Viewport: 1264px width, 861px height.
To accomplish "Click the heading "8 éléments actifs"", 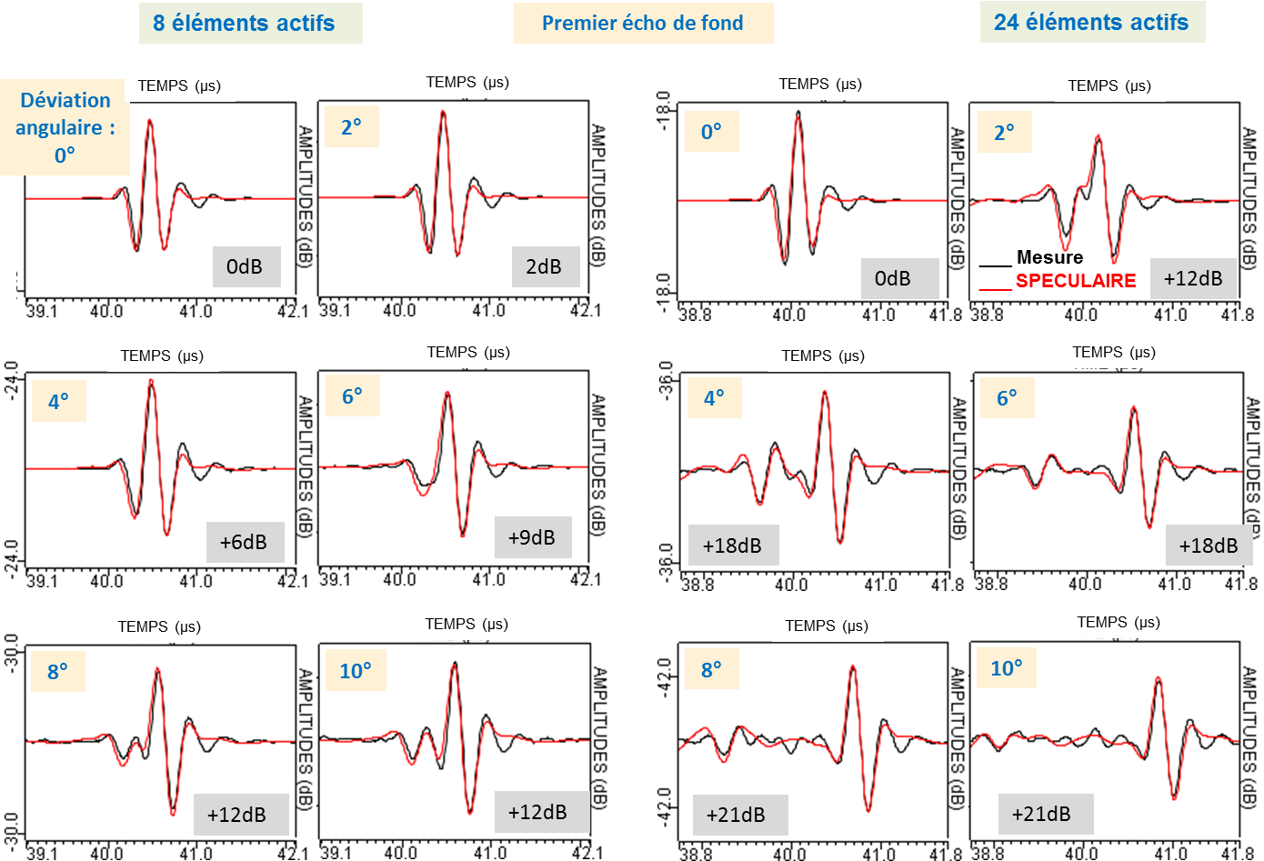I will coord(244,24).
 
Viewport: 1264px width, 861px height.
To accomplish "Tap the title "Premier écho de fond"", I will coord(642,24).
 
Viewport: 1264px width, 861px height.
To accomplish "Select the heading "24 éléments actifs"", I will coord(1091,23).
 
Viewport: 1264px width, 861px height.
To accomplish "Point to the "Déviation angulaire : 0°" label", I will coord(65,127).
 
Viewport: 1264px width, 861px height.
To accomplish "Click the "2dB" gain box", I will coord(544,266).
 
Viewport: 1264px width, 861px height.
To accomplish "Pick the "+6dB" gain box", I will coord(244,542).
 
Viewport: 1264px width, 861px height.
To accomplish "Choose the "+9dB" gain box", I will coord(532,537).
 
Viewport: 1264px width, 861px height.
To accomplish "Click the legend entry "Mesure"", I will coord(1049,257).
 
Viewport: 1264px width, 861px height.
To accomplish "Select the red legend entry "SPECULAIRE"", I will coord(1075,281).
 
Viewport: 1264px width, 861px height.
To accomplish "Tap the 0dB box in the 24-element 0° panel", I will coord(893,278).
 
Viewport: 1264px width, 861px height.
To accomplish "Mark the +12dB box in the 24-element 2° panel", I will coord(1193,278).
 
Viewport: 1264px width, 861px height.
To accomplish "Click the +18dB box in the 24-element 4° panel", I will coord(732,546).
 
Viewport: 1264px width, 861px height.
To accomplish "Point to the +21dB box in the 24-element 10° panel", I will coord(1041,814).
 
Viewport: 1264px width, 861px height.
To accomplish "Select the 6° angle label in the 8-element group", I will coord(352,396).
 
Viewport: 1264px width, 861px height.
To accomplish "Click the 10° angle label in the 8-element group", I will coord(356,671).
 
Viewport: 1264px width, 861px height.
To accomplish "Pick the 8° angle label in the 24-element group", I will coord(711,670).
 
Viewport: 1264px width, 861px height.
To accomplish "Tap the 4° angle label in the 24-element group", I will coord(714,397).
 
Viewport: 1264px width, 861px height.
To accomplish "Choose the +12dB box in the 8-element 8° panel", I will coord(237,815).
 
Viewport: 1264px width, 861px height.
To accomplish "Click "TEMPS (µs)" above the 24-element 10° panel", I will coord(1118,622).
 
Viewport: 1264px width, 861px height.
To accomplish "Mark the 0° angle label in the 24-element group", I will coord(711,132).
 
